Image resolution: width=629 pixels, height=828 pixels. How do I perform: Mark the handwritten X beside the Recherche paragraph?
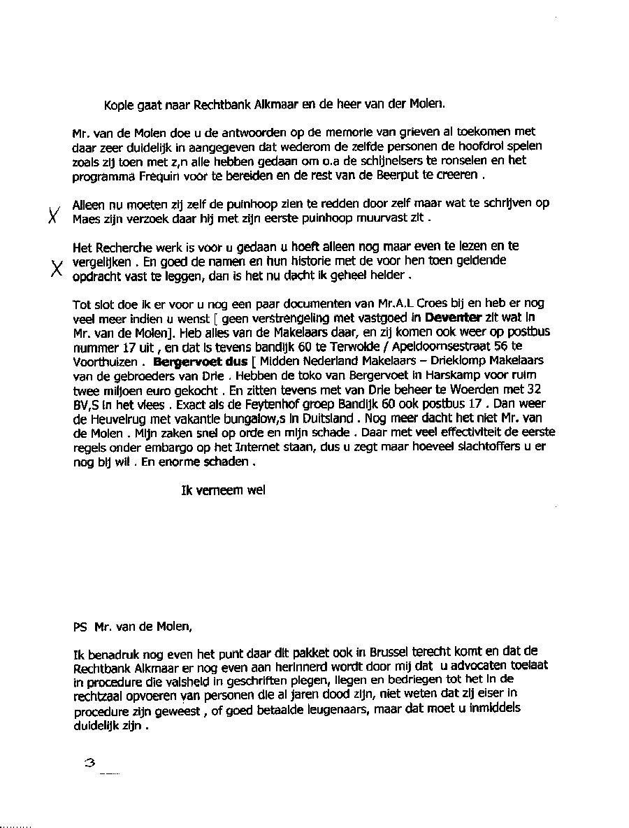[x=56, y=268]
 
